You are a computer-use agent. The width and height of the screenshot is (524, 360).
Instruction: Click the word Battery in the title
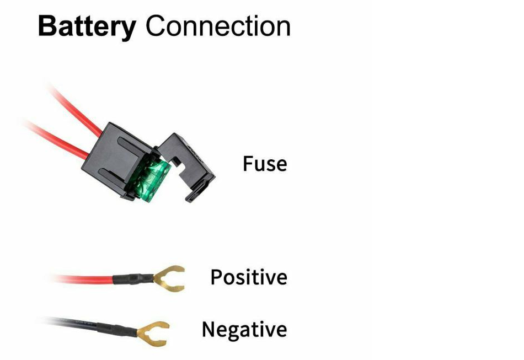click(x=87, y=26)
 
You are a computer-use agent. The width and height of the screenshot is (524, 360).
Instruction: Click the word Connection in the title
click(x=218, y=26)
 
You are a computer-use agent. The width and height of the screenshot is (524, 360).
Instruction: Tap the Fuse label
click(x=265, y=164)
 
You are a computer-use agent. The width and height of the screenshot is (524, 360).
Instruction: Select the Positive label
click(x=249, y=277)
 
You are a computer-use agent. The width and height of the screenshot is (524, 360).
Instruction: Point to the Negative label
click(x=244, y=330)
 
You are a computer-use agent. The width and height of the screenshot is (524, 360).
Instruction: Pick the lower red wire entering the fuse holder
click(x=61, y=141)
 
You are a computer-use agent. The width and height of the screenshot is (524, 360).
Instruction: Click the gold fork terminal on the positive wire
click(x=170, y=277)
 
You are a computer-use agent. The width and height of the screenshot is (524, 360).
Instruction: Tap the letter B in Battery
click(x=47, y=26)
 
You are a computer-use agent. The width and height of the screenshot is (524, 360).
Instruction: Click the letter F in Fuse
click(x=248, y=164)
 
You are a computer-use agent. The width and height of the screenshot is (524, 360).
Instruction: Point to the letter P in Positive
click(x=217, y=277)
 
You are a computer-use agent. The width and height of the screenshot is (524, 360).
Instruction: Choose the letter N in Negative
click(x=210, y=330)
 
